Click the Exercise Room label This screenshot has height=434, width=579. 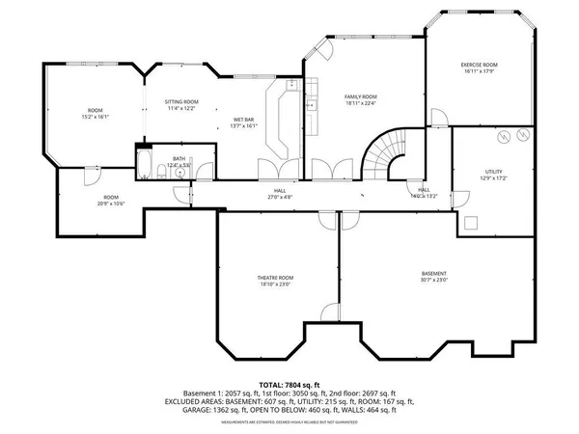(x=479, y=65)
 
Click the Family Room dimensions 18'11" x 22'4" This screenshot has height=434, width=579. (x=361, y=103)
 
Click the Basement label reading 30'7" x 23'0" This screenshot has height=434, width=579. (x=433, y=276)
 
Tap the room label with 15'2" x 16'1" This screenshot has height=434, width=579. (x=95, y=113)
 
